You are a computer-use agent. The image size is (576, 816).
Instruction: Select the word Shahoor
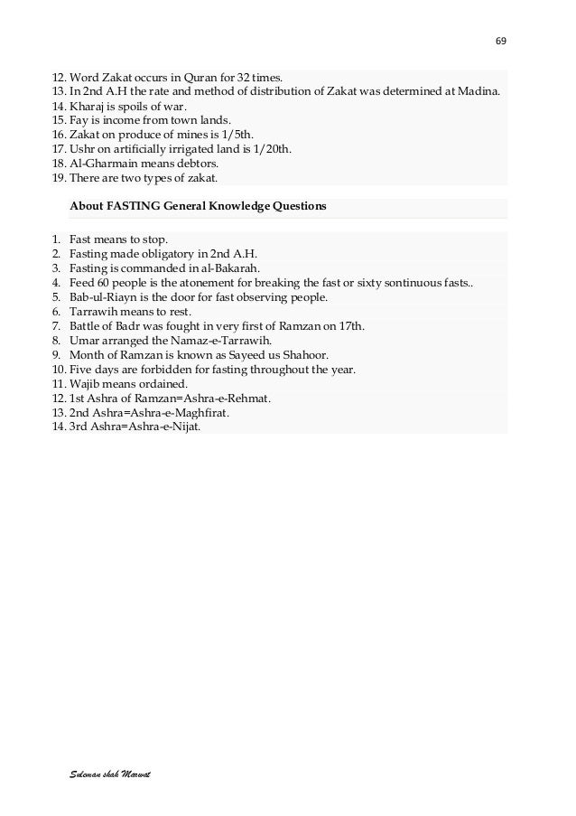(x=305, y=354)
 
